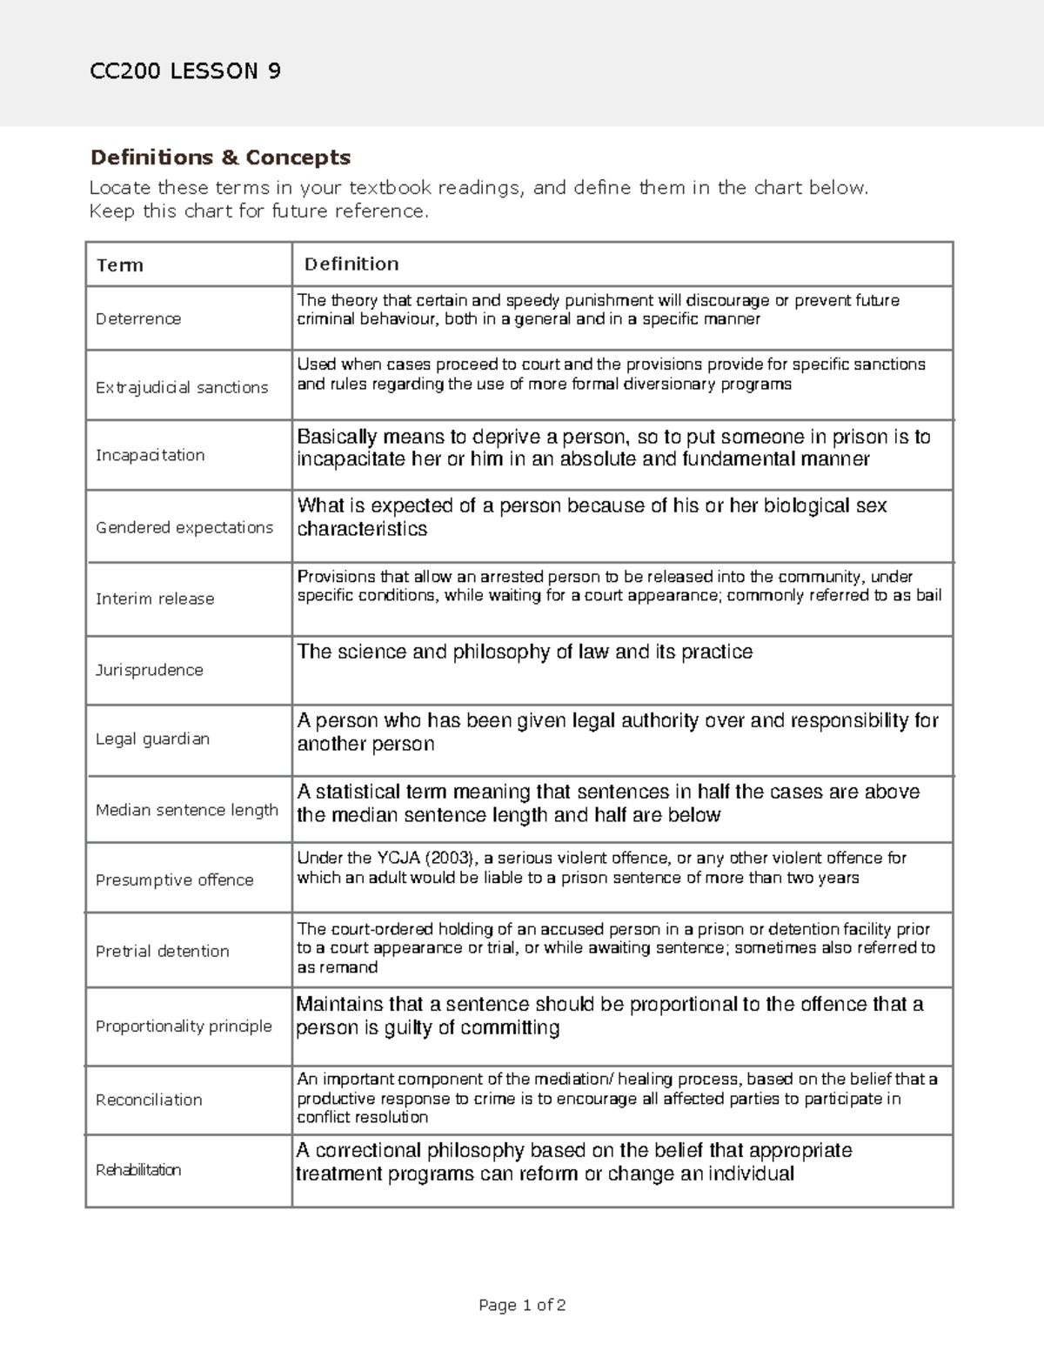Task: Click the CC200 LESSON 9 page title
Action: pyautogui.click(x=185, y=71)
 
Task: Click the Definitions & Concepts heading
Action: pyautogui.click(x=220, y=157)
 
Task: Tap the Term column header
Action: pyautogui.click(x=120, y=265)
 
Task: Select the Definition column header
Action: pyautogui.click(x=351, y=264)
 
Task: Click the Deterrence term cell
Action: pyautogui.click(x=138, y=318)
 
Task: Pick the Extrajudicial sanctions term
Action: pyautogui.click(x=182, y=387)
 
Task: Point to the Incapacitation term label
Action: pyautogui.click(x=150, y=455)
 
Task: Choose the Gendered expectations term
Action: pyautogui.click(x=184, y=527)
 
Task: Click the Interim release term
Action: pyautogui.click(x=155, y=599)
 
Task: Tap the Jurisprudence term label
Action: pyautogui.click(x=150, y=670)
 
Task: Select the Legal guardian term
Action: pyautogui.click(x=152, y=739)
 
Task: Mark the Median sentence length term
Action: pyautogui.click(x=187, y=810)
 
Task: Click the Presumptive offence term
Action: pyautogui.click(x=175, y=879)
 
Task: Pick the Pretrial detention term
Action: pyautogui.click(x=163, y=951)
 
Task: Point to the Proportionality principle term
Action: pyautogui.click(x=184, y=1026)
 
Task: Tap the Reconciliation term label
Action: pyautogui.click(x=149, y=1100)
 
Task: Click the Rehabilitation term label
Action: pyautogui.click(x=138, y=1170)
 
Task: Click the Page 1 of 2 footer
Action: pyautogui.click(x=522, y=1305)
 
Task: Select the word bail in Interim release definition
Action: pyautogui.click(x=928, y=596)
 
